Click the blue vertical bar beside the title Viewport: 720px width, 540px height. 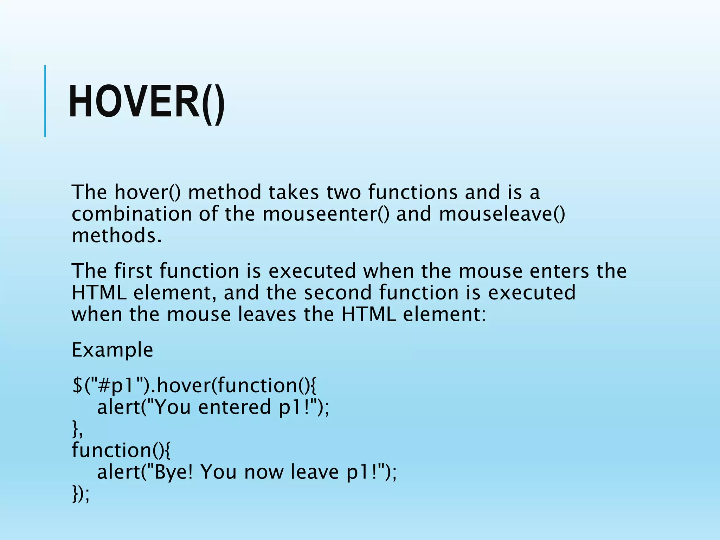tap(45, 101)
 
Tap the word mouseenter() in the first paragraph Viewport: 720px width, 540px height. tap(326, 214)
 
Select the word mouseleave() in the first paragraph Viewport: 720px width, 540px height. tap(502, 214)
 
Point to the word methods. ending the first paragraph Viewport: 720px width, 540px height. tap(117, 236)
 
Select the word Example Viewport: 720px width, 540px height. tap(112, 350)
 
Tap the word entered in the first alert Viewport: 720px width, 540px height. tap(234, 407)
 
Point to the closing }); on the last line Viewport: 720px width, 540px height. tap(81, 494)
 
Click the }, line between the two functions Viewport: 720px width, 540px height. tap(77, 429)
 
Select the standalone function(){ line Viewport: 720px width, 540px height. tap(121, 450)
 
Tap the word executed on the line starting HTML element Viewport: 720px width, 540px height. tap(532, 292)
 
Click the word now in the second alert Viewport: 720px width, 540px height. tap(264, 472)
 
